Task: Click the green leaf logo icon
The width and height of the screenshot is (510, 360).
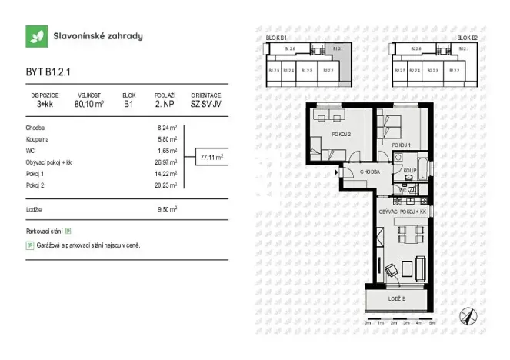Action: point(35,35)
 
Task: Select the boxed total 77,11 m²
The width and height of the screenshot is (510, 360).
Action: point(212,157)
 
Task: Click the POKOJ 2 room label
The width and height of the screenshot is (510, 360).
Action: point(340,133)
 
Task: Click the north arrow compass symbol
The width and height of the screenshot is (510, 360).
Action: point(465,315)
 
